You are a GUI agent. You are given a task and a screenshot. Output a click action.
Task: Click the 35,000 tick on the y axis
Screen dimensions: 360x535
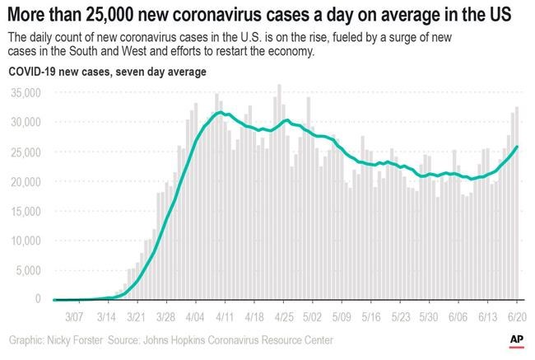click(x=24, y=93)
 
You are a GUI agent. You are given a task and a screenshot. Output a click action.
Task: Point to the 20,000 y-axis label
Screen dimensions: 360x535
click(x=24, y=182)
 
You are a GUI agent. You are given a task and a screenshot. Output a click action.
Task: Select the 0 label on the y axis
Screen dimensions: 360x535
click(x=37, y=300)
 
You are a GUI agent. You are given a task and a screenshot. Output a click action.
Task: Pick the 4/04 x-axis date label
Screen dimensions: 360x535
click(x=195, y=316)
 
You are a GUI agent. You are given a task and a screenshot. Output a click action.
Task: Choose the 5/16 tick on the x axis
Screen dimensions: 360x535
click(x=372, y=316)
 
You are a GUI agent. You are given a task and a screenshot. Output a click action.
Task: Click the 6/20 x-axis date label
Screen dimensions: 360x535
click(x=516, y=316)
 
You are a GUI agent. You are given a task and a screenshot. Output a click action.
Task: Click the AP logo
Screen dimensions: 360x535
click(x=518, y=339)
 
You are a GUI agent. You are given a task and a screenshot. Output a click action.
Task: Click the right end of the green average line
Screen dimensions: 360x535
click(x=516, y=147)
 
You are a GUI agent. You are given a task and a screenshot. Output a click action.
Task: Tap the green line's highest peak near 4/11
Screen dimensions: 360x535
click(x=219, y=112)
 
